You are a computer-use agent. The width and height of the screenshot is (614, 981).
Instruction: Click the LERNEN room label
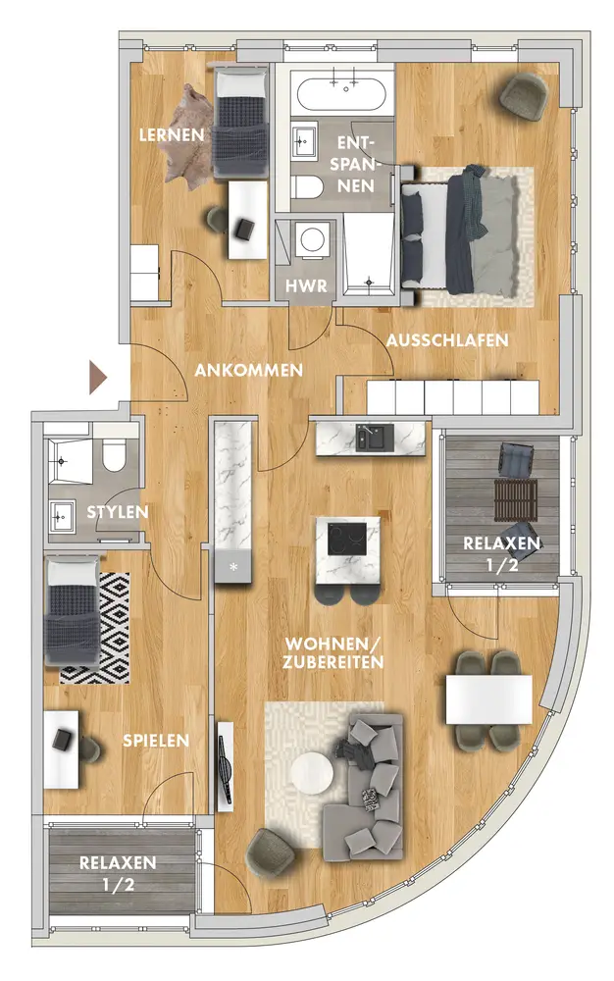click(x=172, y=134)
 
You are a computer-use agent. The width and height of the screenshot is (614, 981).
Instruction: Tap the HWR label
click(x=306, y=285)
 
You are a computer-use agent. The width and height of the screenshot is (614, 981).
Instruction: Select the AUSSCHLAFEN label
click(x=447, y=340)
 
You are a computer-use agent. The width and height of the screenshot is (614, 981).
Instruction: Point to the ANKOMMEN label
click(x=248, y=371)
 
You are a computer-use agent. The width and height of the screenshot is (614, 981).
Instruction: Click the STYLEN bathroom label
click(x=118, y=512)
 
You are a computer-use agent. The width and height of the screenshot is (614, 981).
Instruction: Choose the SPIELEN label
click(x=156, y=741)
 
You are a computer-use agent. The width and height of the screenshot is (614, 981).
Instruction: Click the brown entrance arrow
click(x=98, y=378)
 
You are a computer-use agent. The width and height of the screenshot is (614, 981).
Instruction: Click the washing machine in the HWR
click(x=311, y=239)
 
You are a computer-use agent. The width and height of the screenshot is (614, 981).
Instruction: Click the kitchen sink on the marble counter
click(x=375, y=437)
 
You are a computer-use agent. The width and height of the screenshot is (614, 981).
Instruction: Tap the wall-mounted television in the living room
click(x=225, y=769)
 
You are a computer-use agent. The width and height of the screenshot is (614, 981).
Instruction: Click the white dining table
click(x=488, y=699)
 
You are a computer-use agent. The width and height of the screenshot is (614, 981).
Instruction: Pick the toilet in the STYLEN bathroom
click(x=115, y=455)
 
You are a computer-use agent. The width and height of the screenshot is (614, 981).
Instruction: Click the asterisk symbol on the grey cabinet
click(x=233, y=567)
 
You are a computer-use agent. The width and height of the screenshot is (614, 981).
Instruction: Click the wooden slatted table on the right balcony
click(x=516, y=500)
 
